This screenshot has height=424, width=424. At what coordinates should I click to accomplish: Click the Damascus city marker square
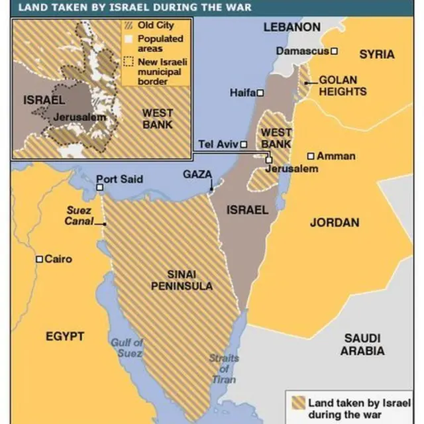pos(335,51)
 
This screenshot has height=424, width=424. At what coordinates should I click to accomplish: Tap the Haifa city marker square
pos(260,93)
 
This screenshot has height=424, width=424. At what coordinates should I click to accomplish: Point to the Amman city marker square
pos(311,156)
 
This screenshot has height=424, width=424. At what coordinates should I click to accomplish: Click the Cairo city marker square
pos(39,259)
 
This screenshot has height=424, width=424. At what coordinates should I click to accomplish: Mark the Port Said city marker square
pos(99,187)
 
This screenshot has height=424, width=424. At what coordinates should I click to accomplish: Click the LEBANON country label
pos(291,27)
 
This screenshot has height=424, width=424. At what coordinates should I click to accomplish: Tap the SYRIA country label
pos(376,54)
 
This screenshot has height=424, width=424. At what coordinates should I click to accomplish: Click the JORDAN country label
pos(335,223)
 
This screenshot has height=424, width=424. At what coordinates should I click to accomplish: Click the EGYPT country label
pos(64,336)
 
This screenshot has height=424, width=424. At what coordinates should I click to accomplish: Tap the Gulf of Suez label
pos(127,348)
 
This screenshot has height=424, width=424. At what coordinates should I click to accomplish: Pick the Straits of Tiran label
pos(223,368)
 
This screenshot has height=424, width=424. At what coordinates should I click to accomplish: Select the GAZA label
pos(197,174)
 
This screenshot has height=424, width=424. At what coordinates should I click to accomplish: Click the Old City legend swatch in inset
pos(129,26)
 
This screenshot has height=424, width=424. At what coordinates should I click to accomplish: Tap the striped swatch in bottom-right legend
pos(297,402)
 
